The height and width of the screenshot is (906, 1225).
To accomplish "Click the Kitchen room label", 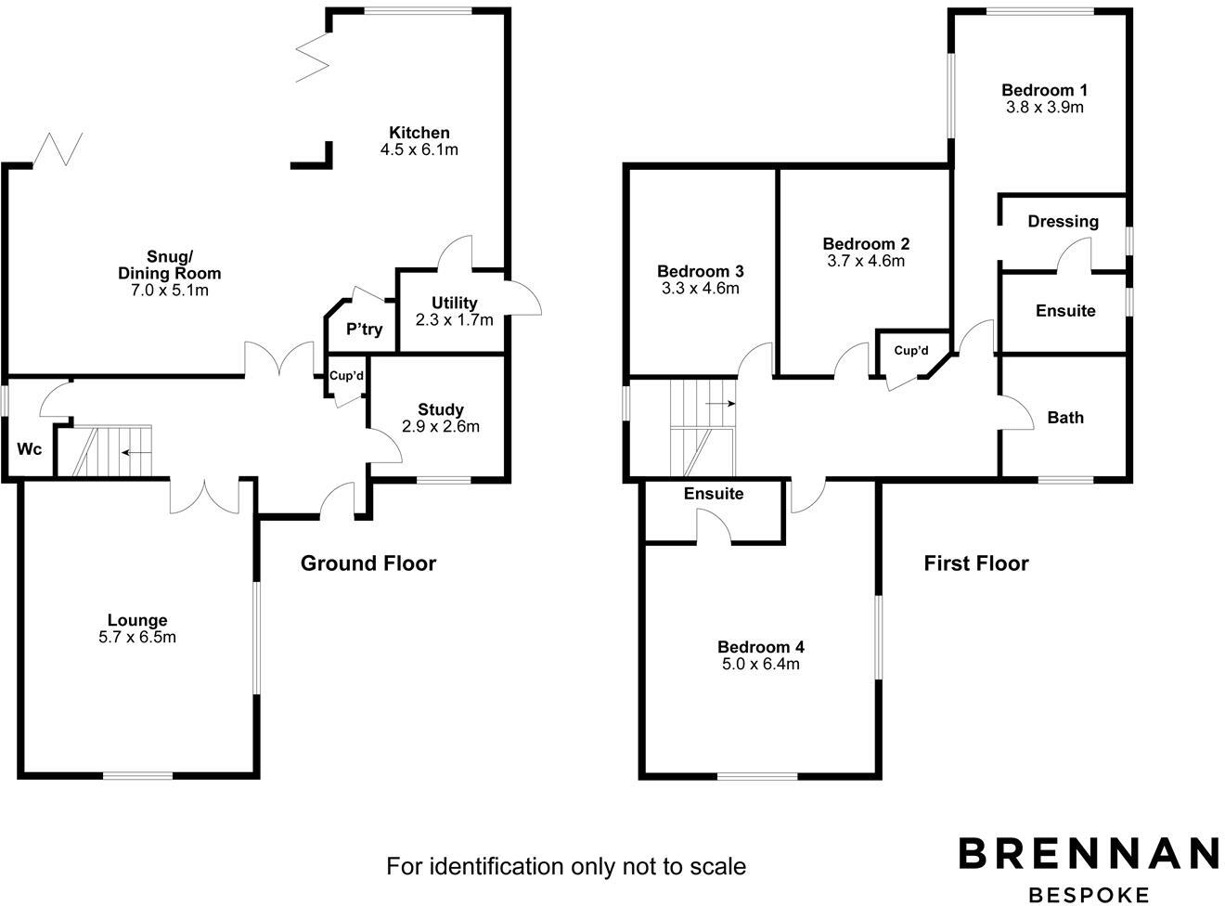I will tap(419, 133).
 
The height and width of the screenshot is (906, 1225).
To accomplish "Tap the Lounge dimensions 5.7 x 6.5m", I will tap(137, 638).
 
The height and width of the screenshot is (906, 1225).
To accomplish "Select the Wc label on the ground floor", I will tap(30, 450).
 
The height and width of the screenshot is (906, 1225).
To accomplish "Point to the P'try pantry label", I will tap(364, 330).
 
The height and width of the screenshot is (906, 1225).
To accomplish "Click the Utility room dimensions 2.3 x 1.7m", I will tap(455, 320).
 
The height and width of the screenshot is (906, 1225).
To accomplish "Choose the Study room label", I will tap(441, 409).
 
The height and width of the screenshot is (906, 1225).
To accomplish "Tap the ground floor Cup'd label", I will tap(346, 376).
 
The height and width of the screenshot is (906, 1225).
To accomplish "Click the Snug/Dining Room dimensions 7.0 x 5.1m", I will tap(169, 291).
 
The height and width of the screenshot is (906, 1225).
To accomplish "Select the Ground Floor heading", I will tap(367, 563).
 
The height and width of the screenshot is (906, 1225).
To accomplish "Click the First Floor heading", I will tap(975, 563).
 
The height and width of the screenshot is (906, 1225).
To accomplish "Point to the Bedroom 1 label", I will tap(1044, 90).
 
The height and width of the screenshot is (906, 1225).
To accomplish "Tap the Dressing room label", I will tap(1063, 222).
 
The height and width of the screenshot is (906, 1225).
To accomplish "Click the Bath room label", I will tap(1064, 418).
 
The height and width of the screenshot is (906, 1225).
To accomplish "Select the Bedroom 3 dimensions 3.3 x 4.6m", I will tap(700, 289).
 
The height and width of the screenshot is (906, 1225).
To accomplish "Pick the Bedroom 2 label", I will tap(865, 244).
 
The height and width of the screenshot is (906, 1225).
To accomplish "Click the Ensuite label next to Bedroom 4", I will tap(713, 494).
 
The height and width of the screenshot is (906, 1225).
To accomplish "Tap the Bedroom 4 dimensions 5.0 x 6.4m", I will tap(760, 665).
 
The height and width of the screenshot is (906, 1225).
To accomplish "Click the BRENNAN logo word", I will tap(1088, 853).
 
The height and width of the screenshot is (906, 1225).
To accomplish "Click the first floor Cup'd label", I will tap(910, 351).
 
